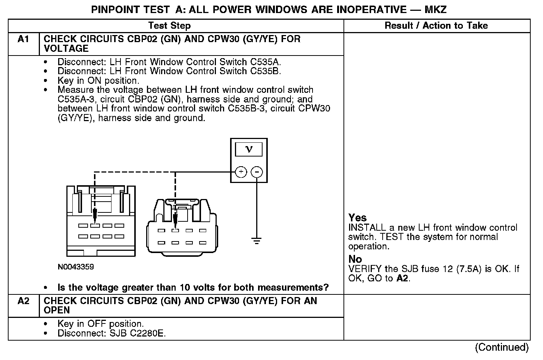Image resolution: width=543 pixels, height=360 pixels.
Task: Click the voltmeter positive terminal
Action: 241,172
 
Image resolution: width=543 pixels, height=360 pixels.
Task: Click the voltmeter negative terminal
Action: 257,172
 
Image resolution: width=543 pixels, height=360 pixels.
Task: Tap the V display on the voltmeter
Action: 249,149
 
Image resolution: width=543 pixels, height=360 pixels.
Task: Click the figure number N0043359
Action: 76,267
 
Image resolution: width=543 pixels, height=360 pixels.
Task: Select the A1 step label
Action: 23,39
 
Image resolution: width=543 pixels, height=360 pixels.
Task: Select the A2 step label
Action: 23,301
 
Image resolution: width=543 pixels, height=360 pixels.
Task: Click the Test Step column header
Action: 169,26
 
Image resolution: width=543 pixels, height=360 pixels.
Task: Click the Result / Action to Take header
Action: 436,26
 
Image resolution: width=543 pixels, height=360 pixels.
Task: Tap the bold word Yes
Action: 357,218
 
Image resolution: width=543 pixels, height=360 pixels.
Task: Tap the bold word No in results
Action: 355,259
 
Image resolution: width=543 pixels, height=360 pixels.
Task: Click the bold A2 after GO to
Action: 402,278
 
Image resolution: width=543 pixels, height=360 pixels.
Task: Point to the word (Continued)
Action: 502,347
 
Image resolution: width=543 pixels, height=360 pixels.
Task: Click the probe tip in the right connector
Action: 175,225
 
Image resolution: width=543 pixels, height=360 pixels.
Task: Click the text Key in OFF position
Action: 100,324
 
